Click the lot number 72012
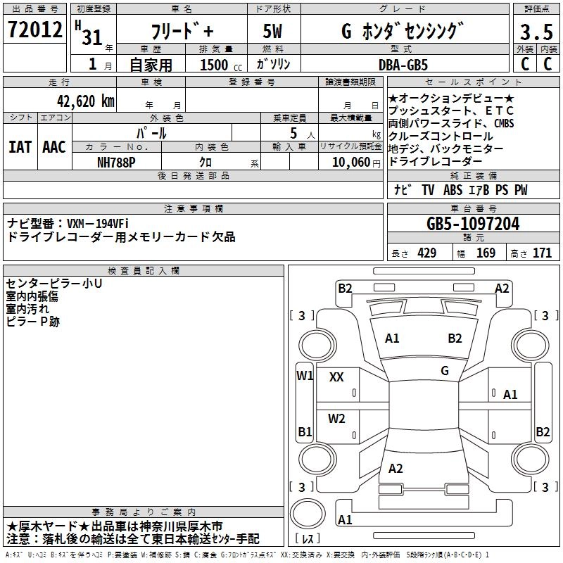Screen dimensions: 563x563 click(x=34, y=30)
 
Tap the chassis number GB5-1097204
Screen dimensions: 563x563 click(x=473, y=224)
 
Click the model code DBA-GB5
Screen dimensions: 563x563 click(x=412, y=64)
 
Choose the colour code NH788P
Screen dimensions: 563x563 click(x=117, y=162)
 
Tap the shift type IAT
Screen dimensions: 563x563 click(x=20, y=147)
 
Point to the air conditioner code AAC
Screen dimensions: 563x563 click(x=54, y=147)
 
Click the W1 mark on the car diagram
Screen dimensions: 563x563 click(x=304, y=375)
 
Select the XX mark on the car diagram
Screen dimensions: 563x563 click(x=336, y=377)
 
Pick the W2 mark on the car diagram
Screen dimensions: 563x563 click(x=336, y=419)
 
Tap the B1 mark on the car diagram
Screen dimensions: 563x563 click(x=304, y=431)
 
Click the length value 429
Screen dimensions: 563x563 click(x=426, y=253)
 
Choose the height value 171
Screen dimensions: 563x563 click(x=543, y=253)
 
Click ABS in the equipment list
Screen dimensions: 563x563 click(x=453, y=190)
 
